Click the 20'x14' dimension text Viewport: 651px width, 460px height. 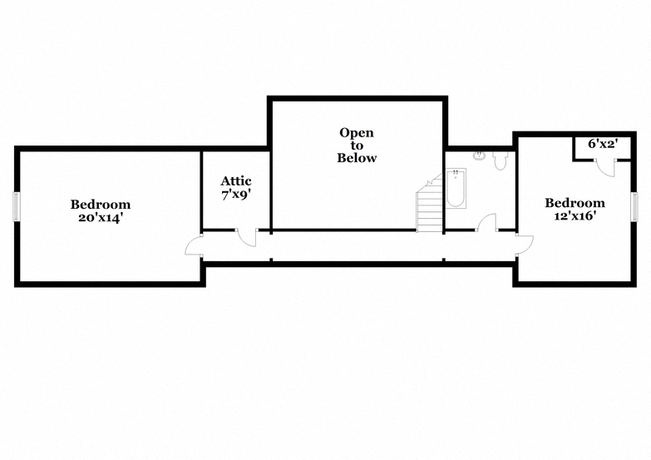pyautogui.click(x=100, y=218)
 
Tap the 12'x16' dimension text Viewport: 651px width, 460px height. pyautogui.click(x=575, y=216)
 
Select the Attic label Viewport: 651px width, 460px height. pyautogui.click(x=236, y=181)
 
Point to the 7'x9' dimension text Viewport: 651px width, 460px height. pyautogui.click(x=236, y=195)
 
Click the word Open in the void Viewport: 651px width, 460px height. pyautogui.click(x=357, y=133)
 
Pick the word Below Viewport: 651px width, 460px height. pyautogui.click(x=357, y=158)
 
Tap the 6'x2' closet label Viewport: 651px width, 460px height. pyautogui.click(x=604, y=144)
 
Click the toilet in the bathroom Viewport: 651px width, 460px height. pyautogui.click(x=501, y=160)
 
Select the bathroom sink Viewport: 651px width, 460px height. pyautogui.click(x=480, y=156)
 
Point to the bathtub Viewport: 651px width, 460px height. pyautogui.click(x=456, y=188)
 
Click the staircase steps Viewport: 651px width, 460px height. pyautogui.click(x=430, y=205)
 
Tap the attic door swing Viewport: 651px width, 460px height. pyautogui.click(x=247, y=238)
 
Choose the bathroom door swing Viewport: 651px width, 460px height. pyautogui.click(x=487, y=222)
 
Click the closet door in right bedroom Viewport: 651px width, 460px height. pyautogui.click(x=605, y=168)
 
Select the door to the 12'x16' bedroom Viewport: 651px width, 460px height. pyautogui.click(x=525, y=245)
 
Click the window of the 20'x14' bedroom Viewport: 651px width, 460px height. pyautogui.click(x=17, y=205)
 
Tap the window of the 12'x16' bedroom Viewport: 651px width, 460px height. pyautogui.click(x=634, y=205)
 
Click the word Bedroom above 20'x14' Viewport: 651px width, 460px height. pyautogui.click(x=100, y=204)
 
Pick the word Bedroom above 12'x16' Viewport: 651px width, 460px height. pyautogui.click(x=575, y=203)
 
